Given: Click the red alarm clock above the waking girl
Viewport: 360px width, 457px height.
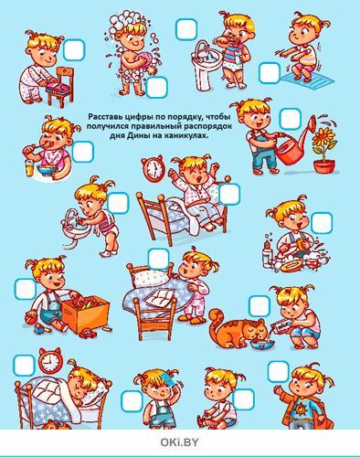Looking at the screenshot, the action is pos(154,167).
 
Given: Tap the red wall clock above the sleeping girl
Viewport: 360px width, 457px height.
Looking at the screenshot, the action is pos(50,361).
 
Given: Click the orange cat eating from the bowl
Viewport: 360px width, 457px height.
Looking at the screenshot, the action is pos(238,328).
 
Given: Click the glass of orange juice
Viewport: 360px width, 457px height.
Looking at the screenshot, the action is pos(29,168).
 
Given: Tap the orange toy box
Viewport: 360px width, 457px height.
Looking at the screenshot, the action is pos(85,313).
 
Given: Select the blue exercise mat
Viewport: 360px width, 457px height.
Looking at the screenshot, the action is pos(307,80).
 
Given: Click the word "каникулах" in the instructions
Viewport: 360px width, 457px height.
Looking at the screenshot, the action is pos(188,136).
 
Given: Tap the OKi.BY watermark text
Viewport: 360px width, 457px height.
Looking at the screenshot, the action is pos(179,442).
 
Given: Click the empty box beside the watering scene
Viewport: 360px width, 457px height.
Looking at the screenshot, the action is pos(290,119).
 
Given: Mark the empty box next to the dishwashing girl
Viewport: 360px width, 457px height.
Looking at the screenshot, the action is pos(322,223).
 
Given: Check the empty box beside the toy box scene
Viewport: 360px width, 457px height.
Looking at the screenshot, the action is pos(26,289).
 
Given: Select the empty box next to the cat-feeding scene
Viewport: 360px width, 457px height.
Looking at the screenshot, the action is pos(259,306).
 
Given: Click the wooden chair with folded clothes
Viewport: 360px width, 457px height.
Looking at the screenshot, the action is pos(60,88).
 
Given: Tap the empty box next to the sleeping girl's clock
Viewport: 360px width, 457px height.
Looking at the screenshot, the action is pos(25,366).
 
